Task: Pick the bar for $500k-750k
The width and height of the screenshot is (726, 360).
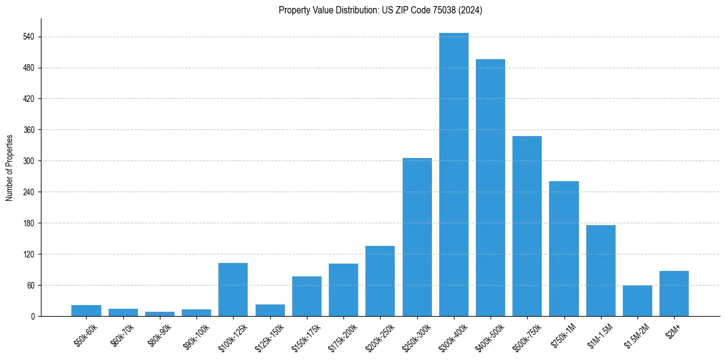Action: pyautogui.click(x=527, y=226)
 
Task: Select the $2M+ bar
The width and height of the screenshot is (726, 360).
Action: pyautogui.click(x=674, y=293)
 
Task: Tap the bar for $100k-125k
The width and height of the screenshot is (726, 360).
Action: pyautogui.click(x=233, y=289)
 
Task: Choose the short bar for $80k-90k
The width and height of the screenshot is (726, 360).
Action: pyautogui.click(x=159, y=314)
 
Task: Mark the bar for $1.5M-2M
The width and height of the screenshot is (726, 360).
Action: pyautogui.click(x=637, y=301)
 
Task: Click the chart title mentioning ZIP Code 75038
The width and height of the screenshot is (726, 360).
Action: pyautogui.click(x=380, y=10)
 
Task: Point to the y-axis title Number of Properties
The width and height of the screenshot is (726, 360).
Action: pyautogui.click(x=10, y=167)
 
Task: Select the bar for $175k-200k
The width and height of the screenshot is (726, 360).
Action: pyautogui.click(x=343, y=290)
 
